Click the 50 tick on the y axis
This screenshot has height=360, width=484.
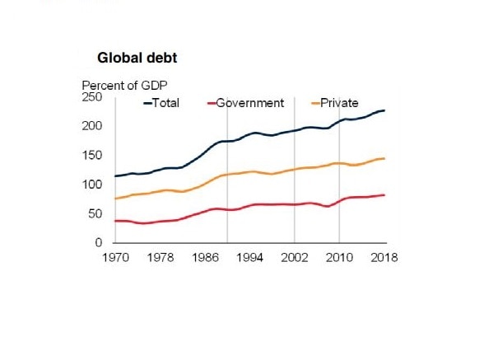(95, 214)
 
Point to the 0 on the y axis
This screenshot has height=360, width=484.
(98, 243)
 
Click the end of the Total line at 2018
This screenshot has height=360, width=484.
(384, 110)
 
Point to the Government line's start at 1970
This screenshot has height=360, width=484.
(115, 221)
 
